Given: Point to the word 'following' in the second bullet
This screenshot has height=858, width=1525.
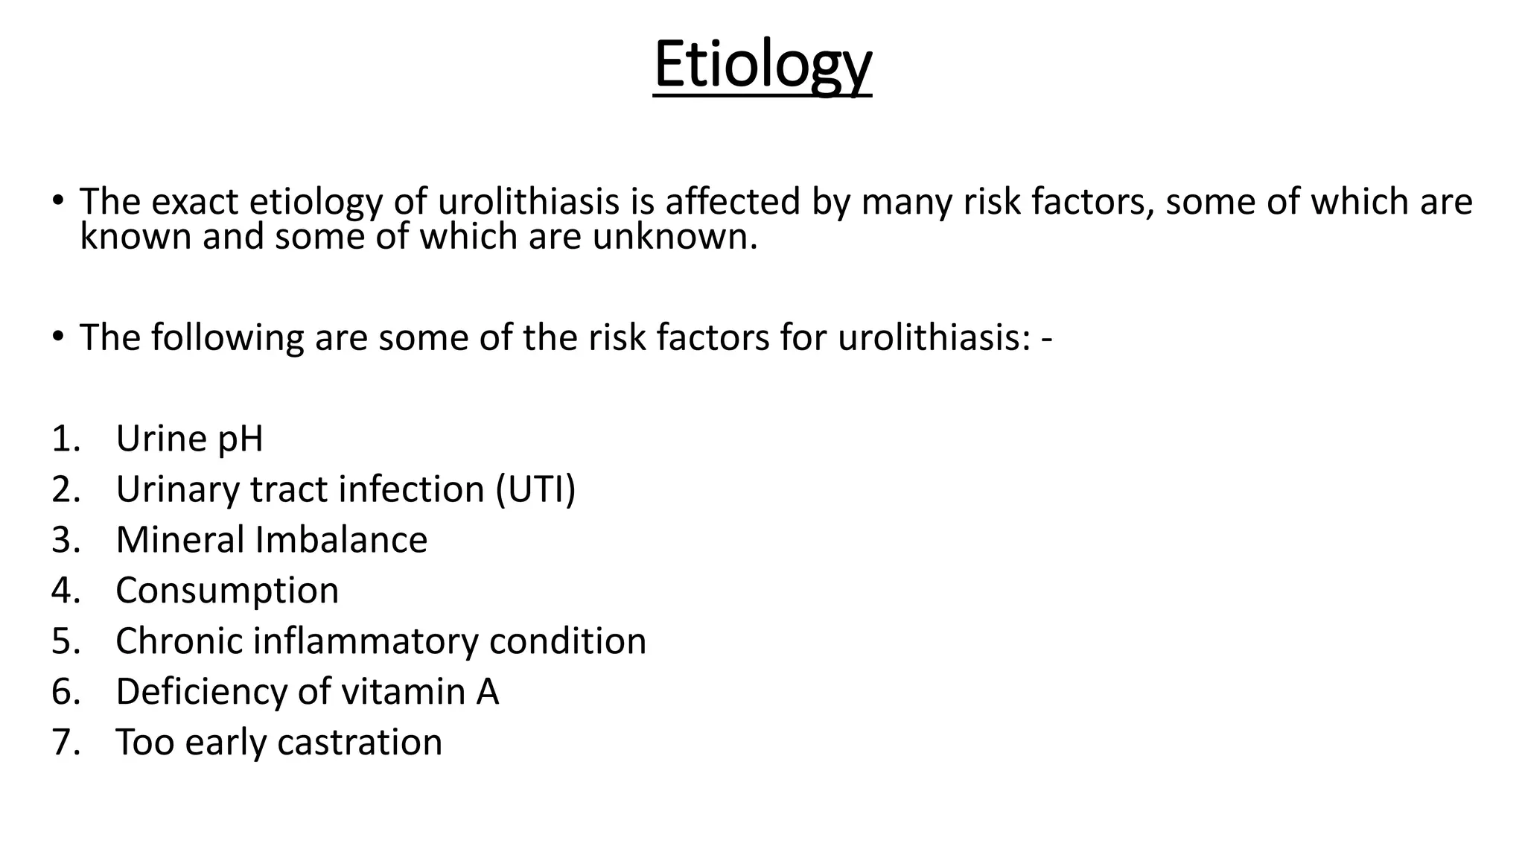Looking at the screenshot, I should (228, 337).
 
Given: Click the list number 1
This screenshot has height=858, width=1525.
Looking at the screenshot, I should (65, 439).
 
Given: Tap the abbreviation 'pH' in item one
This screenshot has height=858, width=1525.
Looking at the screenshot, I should (240, 439).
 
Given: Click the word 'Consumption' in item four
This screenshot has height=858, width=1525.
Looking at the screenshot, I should (227, 591).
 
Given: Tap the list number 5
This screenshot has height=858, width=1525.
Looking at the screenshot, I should (65, 641).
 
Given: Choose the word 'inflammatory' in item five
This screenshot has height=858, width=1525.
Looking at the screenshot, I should (366, 641).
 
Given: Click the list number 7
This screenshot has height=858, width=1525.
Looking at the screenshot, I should (65, 743).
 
